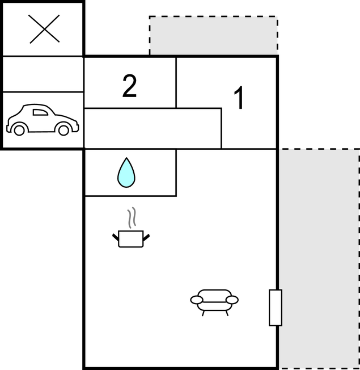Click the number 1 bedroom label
[239, 98]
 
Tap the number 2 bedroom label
[129, 86]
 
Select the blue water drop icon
[126, 173]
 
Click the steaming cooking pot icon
[131, 228]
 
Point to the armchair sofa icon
[214, 302]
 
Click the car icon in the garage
[43, 120]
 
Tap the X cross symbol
[44, 29]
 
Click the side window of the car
[40, 112]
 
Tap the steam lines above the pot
[132, 217]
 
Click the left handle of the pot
[116, 237]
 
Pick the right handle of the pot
[146, 237]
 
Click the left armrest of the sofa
[196, 300]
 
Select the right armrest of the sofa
[232, 300]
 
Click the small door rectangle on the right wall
[276, 308]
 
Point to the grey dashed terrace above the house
[213, 35]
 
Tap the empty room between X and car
[43, 74]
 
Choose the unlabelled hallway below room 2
[153, 129]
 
